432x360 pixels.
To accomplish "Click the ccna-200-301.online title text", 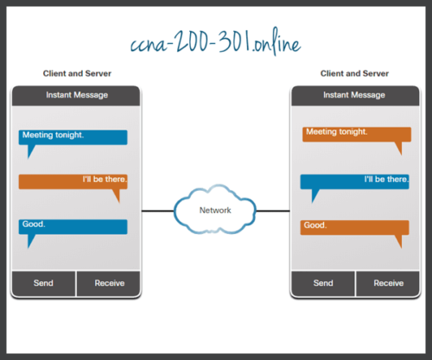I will click(215, 42).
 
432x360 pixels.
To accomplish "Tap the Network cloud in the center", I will click(215, 210).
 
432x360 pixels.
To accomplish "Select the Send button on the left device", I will click(43, 282).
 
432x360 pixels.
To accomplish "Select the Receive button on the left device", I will click(109, 282).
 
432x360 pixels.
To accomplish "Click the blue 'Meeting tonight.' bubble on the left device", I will click(73, 137).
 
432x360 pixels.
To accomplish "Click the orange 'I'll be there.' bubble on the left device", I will click(73, 181).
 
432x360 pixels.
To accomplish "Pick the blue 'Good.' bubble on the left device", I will click(73, 226).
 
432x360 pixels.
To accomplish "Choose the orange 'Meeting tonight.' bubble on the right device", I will click(354, 134).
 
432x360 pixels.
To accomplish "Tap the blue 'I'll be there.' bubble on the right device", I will click(354, 181).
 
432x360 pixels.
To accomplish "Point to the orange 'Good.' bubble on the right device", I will click(354, 227).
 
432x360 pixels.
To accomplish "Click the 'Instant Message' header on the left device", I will click(75, 94).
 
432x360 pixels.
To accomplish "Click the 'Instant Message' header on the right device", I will click(355, 94).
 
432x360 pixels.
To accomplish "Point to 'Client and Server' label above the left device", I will click(75, 74).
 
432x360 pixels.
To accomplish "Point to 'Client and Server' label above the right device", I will click(355, 74).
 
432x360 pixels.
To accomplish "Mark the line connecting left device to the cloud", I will click(158, 210).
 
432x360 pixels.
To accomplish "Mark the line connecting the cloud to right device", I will click(273, 210).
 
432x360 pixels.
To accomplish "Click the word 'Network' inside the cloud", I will click(215, 210).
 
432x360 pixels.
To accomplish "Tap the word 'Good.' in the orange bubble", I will click(315, 225).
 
